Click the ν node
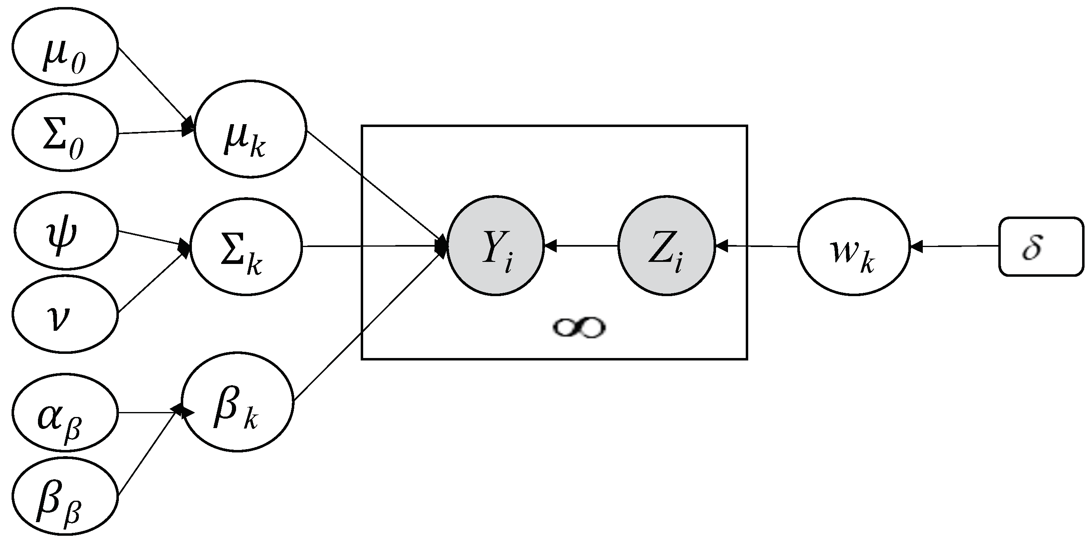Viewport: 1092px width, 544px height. (64, 314)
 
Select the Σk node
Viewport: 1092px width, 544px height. (246, 247)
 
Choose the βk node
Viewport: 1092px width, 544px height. (237, 402)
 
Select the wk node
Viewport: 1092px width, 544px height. (854, 247)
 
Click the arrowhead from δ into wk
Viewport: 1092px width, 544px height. (917, 246)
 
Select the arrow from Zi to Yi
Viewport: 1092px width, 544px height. (581, 245)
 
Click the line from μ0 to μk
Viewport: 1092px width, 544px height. (153, 85)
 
